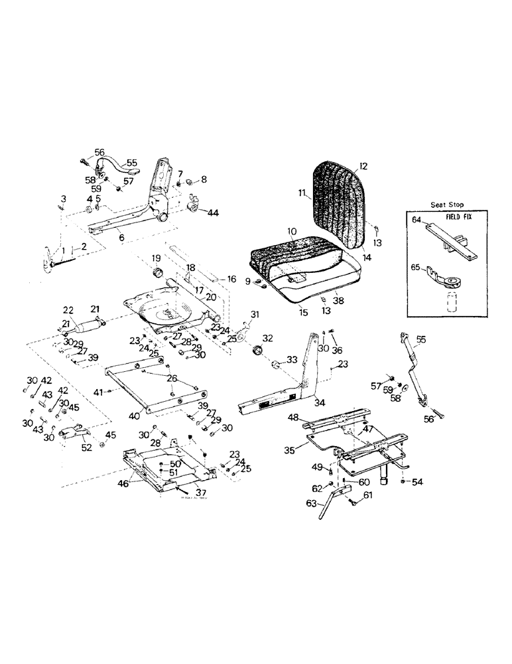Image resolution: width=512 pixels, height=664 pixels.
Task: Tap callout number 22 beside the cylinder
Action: click(x=68, y=309)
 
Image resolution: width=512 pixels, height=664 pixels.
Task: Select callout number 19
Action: click(x=157, y=258)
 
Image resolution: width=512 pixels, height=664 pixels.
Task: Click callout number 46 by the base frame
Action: click(x=123, y=484)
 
